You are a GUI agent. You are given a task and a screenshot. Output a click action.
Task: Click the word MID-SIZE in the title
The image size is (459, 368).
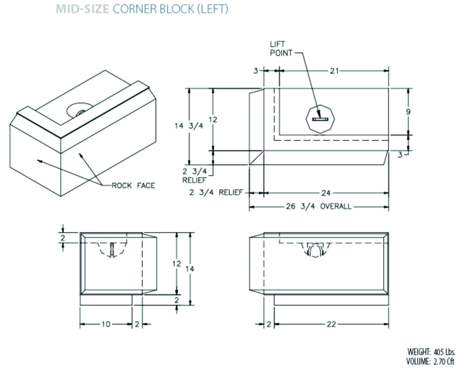(83, 9)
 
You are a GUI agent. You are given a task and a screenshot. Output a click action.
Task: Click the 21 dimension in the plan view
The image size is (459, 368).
(334, 71)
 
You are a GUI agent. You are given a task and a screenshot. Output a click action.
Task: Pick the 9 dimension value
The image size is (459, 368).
(408, 112)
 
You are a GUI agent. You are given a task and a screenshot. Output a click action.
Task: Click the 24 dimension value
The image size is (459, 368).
(326, 193)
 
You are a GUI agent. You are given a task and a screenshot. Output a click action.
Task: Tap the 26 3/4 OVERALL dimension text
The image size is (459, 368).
(319, 207)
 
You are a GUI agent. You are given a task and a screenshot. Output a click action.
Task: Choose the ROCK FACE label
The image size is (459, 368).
(134, 186)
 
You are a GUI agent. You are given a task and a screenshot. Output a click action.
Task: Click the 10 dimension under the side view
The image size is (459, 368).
(105, 324)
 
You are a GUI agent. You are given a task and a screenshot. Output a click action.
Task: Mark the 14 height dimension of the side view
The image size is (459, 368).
(190, 269)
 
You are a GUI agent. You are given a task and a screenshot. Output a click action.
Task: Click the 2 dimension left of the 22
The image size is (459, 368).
(269, 324)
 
